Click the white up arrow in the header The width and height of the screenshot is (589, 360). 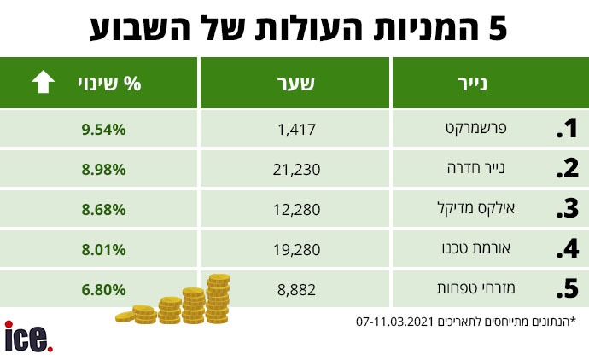click(x=43, y=83)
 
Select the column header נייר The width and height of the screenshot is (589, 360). click(x=490, y=83)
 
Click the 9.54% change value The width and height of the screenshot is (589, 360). click(x=105, y=130)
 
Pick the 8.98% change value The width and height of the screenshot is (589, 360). click(x=105, y=169)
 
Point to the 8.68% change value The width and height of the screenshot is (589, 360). click(x=105, y=209)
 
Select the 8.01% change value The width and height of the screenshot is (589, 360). click(x=105, y=249)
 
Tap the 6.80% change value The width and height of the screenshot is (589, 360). click(x=105, y=289)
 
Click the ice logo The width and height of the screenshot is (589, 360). click(x=28, y=336)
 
